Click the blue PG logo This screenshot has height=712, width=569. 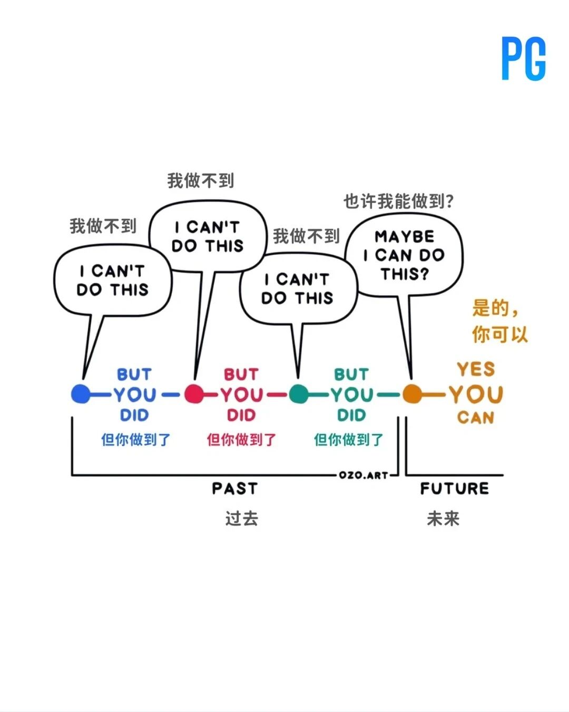(x=523, y=58)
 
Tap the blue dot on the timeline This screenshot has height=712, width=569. (x=81, y=394)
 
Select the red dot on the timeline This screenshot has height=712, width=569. (x=194, y=394)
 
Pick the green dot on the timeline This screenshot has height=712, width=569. (x=299, y=394)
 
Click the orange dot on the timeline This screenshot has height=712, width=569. (x=412, y=394)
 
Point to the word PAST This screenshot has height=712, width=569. (x=235, y=489)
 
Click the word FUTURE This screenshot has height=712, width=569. (x=454, y=489)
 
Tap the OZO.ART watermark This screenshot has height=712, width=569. (x=364, y=475)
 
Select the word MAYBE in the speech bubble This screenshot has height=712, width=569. (x=404, y=237)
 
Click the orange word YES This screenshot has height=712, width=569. (x=476, y=369)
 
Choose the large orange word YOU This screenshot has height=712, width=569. (x=476, y=394)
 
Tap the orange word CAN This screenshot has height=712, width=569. (x=476, y=418)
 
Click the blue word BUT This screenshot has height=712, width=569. (x=134, y=374)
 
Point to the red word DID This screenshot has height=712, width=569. (x=241, y=415)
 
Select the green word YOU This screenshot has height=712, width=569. (x=352, y=395)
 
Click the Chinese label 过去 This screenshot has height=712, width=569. (x=242, y=518)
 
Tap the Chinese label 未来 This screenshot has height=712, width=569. (x=443, y=518)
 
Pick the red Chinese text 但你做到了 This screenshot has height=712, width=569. (x=241, y=440)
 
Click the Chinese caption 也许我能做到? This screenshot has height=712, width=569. (x=399, y=201)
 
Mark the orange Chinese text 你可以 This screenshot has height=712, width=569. (x=499, y=334)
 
